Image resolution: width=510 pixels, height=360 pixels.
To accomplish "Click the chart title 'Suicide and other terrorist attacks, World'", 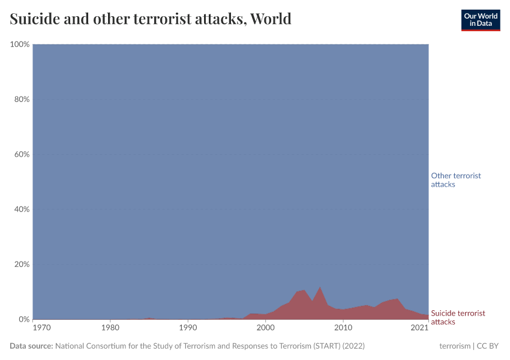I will pos(151,19).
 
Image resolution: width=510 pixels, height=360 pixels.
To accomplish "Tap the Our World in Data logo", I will pos(481,20).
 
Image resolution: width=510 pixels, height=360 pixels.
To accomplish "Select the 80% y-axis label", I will pos(21,100).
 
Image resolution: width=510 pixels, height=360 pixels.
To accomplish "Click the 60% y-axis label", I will pos(21,154).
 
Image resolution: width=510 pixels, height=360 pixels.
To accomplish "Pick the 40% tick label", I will pos(21,209).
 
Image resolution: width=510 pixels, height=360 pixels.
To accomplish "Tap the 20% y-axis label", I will pos(21,265).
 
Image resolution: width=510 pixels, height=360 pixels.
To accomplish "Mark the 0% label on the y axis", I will pos(23,319).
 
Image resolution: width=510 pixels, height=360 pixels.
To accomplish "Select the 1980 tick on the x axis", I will pos(110,328).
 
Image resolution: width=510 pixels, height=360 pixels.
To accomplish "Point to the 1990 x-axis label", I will pos(188,328).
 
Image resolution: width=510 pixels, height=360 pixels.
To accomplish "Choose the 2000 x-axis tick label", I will pos(265,328).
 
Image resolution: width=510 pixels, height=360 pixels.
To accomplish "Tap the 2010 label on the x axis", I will pos(343,328).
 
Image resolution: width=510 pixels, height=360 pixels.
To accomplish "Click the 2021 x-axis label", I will pos(419,328).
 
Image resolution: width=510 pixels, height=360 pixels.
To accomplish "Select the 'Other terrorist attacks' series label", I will pos(456,180).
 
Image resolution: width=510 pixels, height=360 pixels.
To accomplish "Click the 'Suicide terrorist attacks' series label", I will pos(458,317).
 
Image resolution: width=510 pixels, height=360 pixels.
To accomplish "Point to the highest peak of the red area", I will pos(320,287).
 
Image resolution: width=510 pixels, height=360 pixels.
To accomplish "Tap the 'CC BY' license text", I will pos(487,346).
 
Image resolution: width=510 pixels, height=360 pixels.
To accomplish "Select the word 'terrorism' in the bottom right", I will pos(455,346).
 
